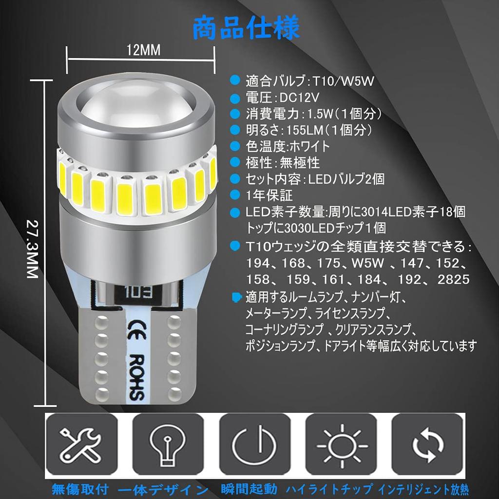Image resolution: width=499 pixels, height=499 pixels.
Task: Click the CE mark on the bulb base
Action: [x=135, y=326]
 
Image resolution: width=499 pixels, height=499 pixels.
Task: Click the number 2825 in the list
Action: [x=453, y=279]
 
